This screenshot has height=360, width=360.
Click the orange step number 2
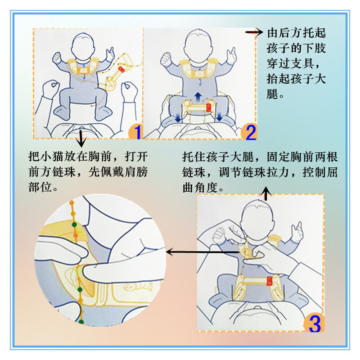pos(248,131)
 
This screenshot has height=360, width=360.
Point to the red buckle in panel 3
pos(270,281)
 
